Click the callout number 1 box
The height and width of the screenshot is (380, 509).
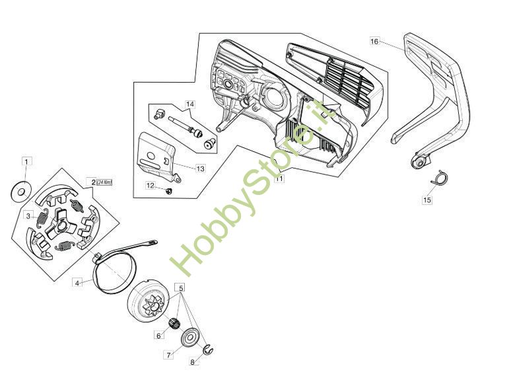click(26, 161)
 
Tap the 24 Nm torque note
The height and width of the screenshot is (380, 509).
click(104, 182)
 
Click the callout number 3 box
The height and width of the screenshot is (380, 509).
click(28, 215)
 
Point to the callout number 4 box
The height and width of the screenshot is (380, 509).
click(77, 283)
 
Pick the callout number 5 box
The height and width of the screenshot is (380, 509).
click(180, 287)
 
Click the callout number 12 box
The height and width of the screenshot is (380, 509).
click(150, 186)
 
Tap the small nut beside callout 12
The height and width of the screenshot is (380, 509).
click(168, 191)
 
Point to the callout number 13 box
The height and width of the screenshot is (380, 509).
click(200, 169)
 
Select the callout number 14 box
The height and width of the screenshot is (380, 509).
click(190, 104)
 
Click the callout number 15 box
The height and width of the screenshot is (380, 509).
click(427, 199)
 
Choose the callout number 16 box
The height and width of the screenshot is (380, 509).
click(374, 41)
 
